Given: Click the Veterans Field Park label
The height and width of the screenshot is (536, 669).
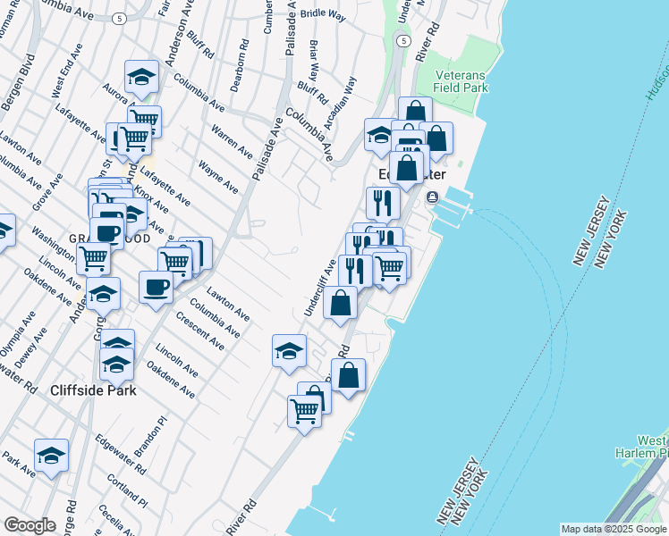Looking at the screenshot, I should pos(461,81).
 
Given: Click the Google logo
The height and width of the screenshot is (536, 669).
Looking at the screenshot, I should pos(30,524).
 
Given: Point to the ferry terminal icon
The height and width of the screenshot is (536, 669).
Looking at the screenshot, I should pos(434,197).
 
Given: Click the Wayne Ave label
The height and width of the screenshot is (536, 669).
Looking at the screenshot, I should pos(218,175).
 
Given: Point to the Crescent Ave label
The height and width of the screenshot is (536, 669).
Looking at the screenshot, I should pos(199,331).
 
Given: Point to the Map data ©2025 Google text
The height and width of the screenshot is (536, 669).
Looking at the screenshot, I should pos(614,529).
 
